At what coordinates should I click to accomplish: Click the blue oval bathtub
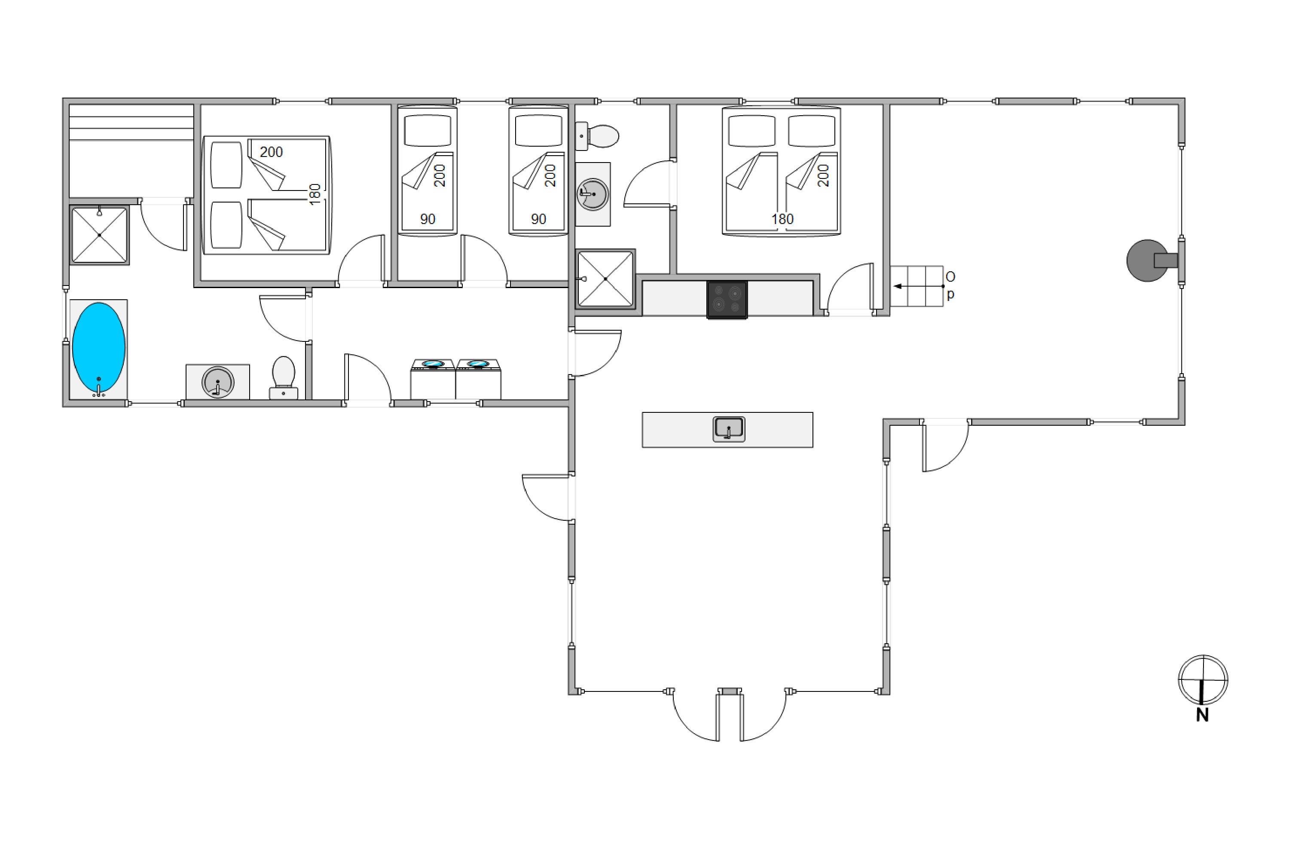click(99, 348)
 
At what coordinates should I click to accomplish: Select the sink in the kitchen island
click(728, 429)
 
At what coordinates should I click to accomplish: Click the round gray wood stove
click(1148, 261)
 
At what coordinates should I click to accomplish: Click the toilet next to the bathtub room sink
click(283, 378)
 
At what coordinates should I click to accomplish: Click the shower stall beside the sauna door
click(99, 235)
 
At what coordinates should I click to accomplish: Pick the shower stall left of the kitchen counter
click(605, 279)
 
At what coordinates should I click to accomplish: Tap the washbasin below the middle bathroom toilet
click(593, 194)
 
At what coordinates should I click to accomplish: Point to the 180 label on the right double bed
click(782, 219)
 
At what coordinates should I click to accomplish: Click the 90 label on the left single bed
click(428, 219)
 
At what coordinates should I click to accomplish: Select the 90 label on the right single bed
click(538, 219)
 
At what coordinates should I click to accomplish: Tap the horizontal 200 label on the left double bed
click(271, 152)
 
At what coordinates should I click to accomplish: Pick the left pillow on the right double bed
click(752, 131)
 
